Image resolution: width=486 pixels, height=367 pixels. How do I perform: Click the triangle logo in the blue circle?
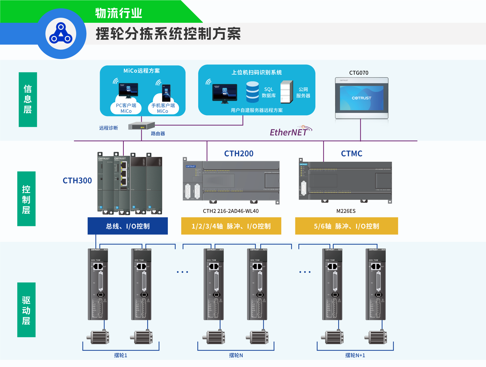point(61,34)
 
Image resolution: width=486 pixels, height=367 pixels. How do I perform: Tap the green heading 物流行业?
point(118,13)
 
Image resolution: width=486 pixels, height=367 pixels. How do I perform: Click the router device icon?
point(141,126)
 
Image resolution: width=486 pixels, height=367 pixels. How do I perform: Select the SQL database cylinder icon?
point(252,92)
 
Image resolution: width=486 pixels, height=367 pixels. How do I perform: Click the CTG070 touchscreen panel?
point(361,98)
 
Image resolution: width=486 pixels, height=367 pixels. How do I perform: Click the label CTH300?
point(77,180)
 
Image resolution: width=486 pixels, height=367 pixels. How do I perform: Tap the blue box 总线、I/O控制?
point(128,226)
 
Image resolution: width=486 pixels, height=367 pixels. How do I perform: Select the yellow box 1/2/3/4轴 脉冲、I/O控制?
point(231,226)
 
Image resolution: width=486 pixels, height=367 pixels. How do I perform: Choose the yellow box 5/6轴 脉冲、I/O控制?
point(347,226)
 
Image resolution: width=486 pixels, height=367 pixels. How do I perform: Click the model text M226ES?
point(346,211)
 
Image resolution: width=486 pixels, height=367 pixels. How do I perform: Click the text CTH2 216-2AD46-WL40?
point(231,211)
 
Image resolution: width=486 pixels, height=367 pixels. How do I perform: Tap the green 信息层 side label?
point(28,99)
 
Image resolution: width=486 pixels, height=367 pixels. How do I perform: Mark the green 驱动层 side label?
point(26,310)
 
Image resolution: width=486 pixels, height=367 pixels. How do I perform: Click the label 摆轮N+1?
point(355,355)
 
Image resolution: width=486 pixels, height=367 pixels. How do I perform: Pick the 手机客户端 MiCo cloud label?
point(163,108)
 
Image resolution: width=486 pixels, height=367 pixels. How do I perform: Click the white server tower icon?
point(287,92)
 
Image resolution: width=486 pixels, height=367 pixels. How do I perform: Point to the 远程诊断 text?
point(108,128)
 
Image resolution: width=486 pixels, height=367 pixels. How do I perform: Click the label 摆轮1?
point(120,355)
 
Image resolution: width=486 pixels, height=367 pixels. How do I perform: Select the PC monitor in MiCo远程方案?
point(128,90)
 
